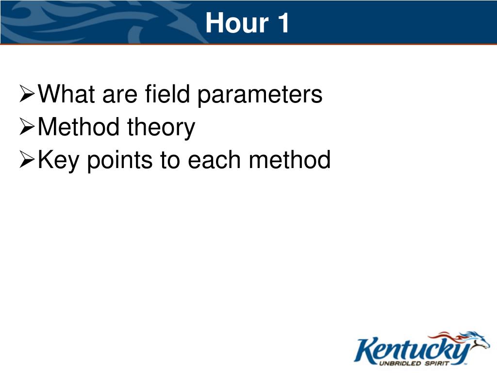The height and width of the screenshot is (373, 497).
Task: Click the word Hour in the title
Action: tap(237, 23)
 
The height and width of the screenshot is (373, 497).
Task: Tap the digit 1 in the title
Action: tap(283, 23)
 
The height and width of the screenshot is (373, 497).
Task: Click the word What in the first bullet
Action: tap(66, 94)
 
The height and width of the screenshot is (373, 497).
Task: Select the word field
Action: tap(167, 94)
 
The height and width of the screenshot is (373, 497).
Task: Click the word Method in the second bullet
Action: tap(79, 127)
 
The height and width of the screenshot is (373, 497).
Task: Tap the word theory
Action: tap(161, 128)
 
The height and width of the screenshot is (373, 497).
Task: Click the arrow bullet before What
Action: tap(27, 94)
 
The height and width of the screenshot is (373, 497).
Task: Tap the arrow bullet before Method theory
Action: tap(27, 127)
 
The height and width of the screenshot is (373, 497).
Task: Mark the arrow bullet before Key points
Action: tap(27, 159)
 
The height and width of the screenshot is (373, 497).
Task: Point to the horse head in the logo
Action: tap(477, 340)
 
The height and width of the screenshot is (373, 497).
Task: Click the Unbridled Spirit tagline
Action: tap(414, 363)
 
